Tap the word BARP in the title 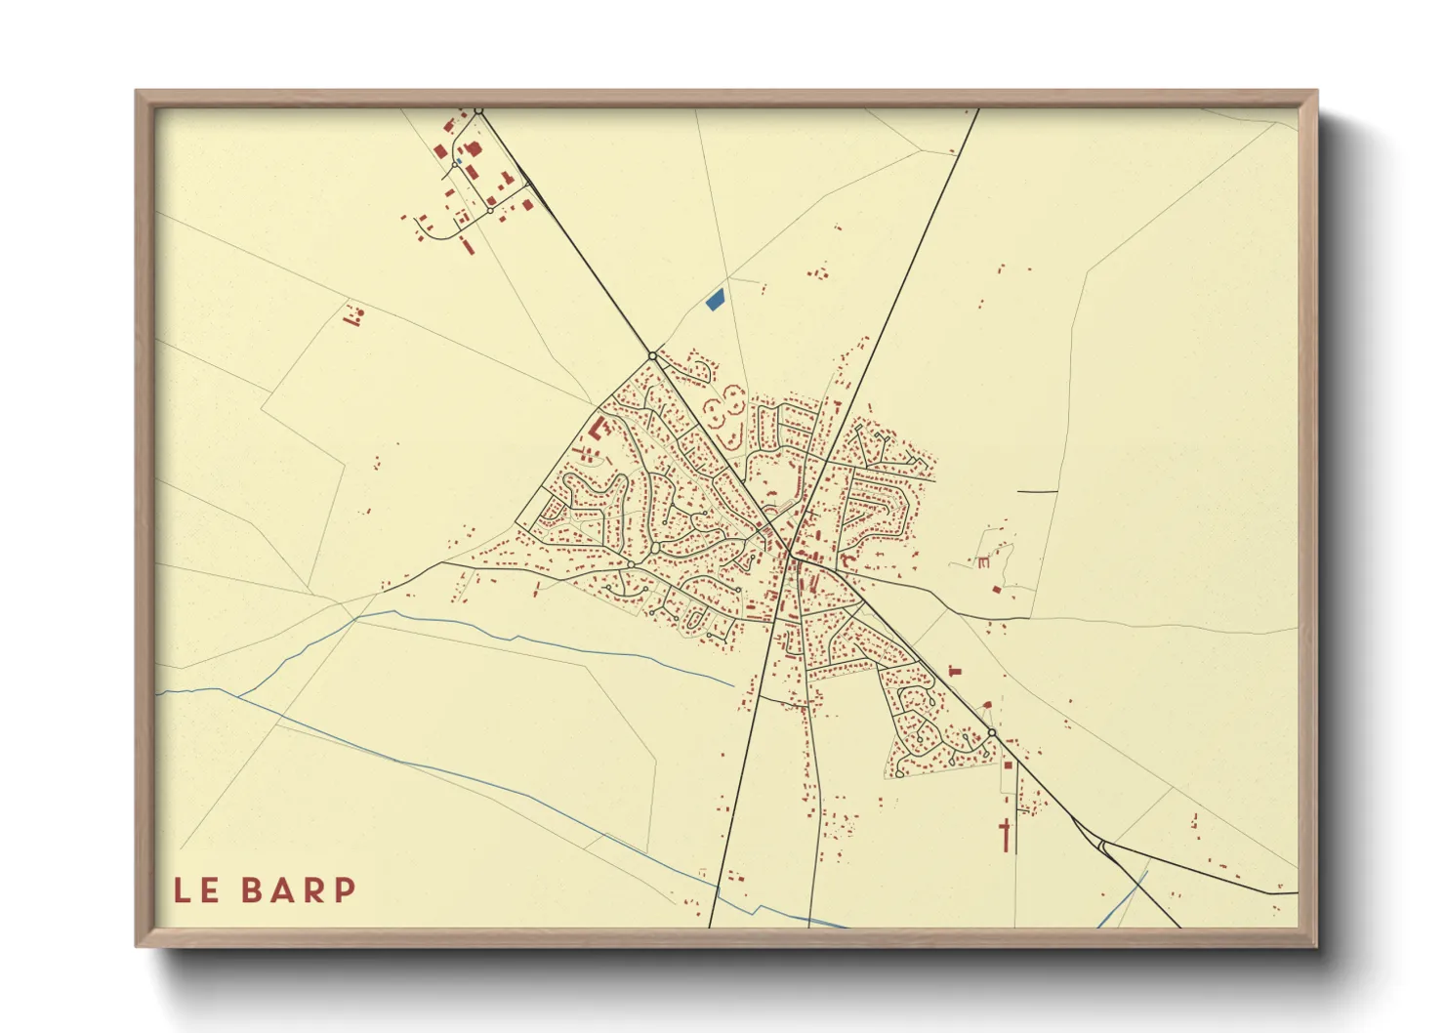pos(299,890)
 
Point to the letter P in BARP pos(344,890)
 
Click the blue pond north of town pos(715,300)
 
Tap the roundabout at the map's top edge pos(478,111)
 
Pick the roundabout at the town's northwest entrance pos(652,356)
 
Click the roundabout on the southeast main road pos(991,732)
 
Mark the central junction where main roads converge pos(789,555)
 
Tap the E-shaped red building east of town pos(983,561)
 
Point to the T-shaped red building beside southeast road pos(955,670)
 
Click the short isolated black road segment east pos(1037,491)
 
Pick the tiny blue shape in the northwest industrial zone pos(459,161)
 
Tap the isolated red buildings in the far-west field pos(353,315)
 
